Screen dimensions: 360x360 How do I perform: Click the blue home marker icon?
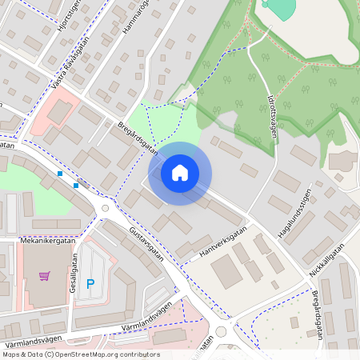click(180, 173)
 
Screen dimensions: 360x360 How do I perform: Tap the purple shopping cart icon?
click(45, 276)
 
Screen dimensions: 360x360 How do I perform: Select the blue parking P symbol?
click(90, 283)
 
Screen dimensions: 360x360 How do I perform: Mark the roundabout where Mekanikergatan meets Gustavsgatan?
click(104, 210)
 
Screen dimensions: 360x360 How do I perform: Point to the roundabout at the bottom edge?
click(221, 330)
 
